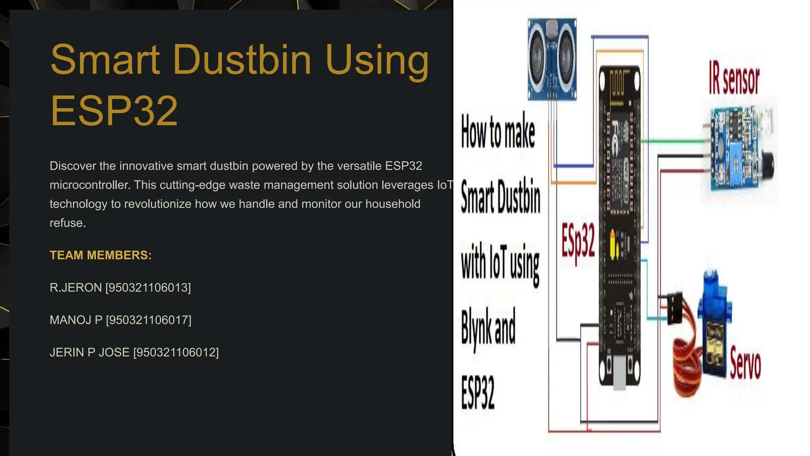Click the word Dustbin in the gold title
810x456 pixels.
point(242,60)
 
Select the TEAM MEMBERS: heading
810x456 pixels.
point(100,255)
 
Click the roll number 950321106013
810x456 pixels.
point(148,288)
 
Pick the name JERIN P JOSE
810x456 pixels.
point(89,353)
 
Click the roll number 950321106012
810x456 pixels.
point(176,353)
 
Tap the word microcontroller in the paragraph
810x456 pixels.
point(89,185)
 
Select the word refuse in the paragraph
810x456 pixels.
point(67,223)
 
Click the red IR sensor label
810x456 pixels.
point(734,79)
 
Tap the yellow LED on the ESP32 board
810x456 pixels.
point(615,245)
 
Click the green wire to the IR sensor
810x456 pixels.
point(672,141)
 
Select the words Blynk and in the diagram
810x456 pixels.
point(489,327)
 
